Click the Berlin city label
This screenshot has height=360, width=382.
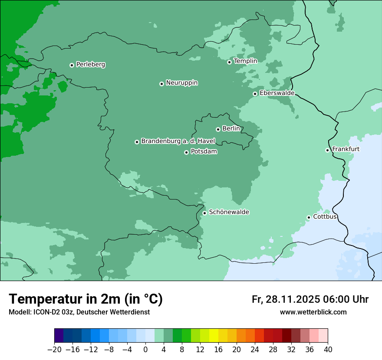tap(231, 129)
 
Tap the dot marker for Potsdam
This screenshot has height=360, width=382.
tap(186, 152)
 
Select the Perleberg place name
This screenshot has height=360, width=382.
tap(90, 65)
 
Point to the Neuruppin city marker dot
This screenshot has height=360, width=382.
tap(161, 84)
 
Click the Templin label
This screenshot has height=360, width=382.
tap(245, 61)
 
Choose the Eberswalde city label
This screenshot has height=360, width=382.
tap(277, 93)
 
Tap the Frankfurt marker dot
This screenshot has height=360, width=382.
tap(327, 150)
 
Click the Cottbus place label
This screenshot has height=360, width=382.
tap(325, 217)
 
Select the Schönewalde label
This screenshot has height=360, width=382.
tap(229, 212)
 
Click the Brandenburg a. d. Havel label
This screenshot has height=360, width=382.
tap(178, 141)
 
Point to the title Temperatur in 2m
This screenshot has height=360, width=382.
tap(86, 299)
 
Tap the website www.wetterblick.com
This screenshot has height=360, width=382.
tap(313, 312)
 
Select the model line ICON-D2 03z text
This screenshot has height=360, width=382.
tap(79, 312)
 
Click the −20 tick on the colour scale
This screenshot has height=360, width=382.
tap(54, 350)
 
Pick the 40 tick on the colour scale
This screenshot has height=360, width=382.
tap(328, 350)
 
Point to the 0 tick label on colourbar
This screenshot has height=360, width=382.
tap(145, 350)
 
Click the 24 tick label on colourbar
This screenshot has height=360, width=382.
tap(255, 350)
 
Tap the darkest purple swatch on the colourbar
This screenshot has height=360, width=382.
tap(59, 336)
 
